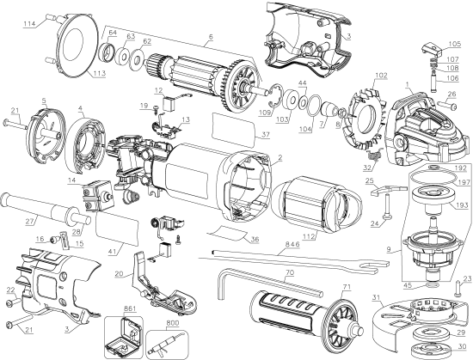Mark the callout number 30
click(x=463, y=346)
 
